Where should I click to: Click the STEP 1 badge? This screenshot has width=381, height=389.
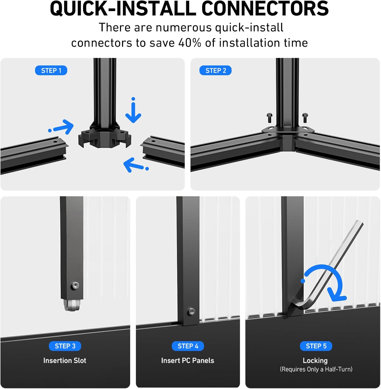(51, 71)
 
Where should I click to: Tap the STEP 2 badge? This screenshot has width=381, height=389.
(215, 71)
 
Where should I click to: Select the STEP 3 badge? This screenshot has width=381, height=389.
(65, 346)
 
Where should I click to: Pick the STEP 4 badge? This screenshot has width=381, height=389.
(188, 346)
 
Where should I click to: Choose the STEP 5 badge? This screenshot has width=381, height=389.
(316, 346)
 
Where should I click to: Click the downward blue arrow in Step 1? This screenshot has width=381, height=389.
(133, 112)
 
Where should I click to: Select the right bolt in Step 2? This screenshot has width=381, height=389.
(305, 117)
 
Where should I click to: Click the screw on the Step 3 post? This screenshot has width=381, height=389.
(75, 286)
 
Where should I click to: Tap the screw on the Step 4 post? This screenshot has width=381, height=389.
(192, 312)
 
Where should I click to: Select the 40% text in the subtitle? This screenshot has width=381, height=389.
(190, 43)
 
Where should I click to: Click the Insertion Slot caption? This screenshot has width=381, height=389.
(65, 360)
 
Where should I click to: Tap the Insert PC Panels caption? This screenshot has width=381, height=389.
(188, 360)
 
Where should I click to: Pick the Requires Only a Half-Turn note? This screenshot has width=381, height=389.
(316, 369)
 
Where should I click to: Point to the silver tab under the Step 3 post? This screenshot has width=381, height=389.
(72, 305)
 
